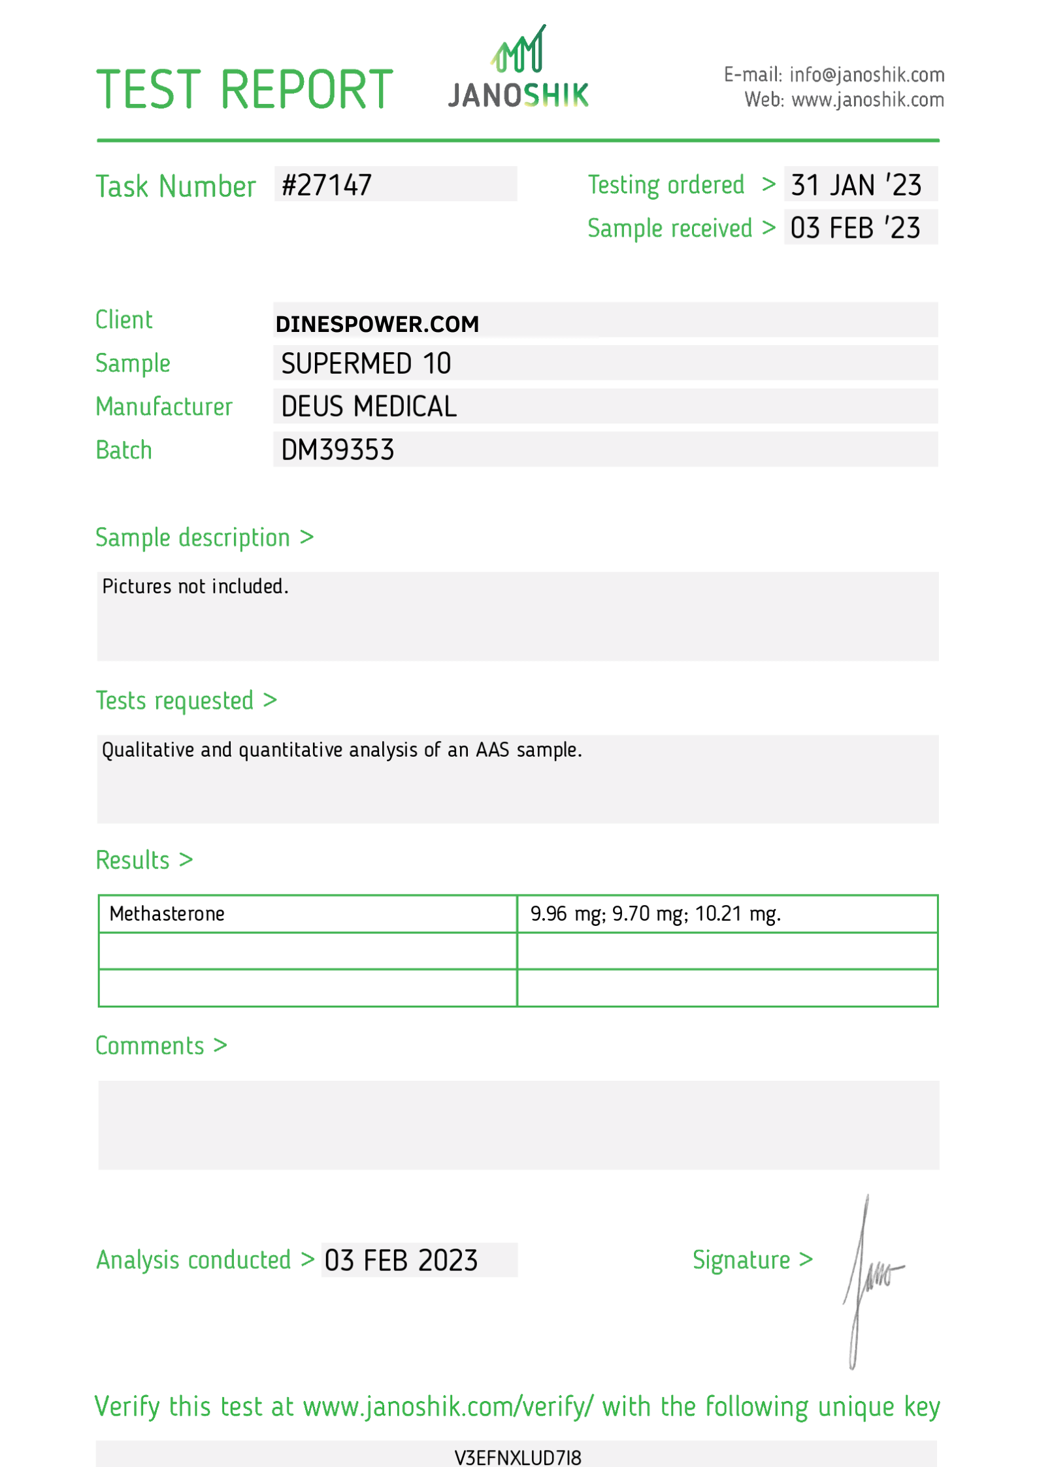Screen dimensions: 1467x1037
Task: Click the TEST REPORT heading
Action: (244, 90)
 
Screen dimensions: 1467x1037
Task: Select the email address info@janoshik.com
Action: (866, 75)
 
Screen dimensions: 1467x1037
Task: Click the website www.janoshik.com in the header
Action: (867, 100)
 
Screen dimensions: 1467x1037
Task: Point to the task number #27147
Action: (327, 185)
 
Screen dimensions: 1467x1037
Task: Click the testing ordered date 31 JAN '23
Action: (856, 185)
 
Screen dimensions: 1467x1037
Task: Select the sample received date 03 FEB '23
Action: (855, 228)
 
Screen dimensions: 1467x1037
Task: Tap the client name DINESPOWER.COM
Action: (377, 324)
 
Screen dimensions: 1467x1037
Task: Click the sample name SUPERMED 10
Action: (366, 363)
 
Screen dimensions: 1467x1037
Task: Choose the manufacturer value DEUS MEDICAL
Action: (369, 406)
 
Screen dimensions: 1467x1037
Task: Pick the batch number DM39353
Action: (337, 450)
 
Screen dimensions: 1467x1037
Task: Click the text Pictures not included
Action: (195, 586)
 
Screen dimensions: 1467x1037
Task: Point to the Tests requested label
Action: (174, 701)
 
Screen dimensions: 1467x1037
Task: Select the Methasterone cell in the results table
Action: (167, 914)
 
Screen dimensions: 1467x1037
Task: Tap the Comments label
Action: (150, 1046)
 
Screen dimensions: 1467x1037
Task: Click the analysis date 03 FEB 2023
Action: (401, 1261)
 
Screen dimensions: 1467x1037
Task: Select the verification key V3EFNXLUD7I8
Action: (518, 1458)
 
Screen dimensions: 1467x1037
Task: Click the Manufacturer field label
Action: (164, 406)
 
